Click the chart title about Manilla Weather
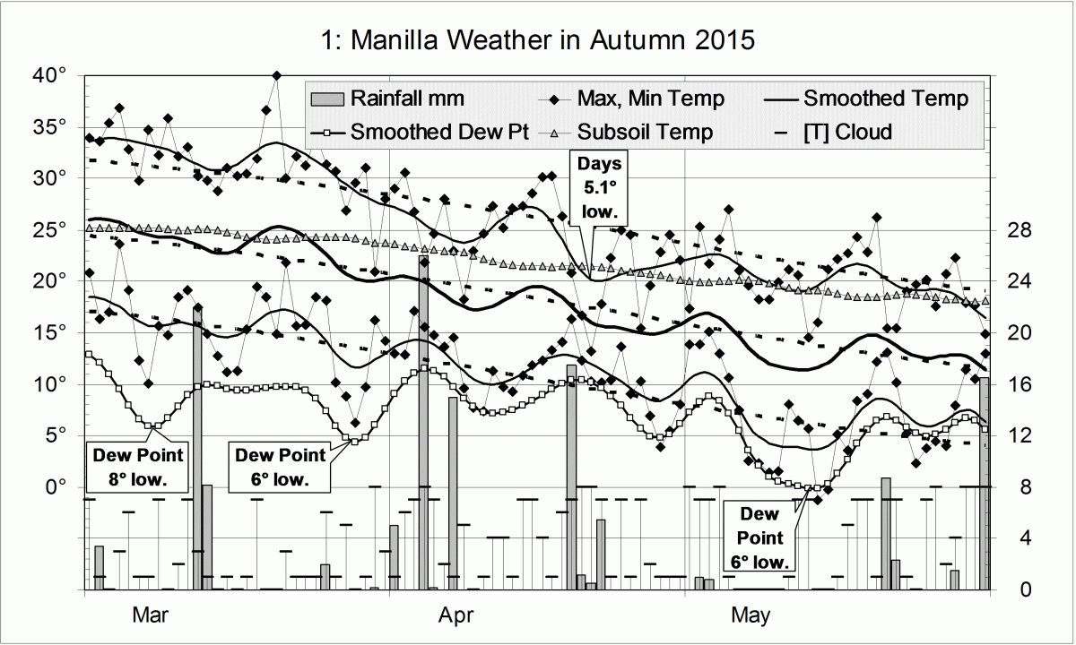537,41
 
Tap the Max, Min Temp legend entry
651,98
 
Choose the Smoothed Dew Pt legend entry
438,132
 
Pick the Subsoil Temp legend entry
646,132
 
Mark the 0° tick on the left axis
56,487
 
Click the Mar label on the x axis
150,615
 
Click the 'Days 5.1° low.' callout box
599,188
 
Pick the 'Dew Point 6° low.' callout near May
761,537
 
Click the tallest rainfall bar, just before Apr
424,421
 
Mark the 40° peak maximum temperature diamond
277,76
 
